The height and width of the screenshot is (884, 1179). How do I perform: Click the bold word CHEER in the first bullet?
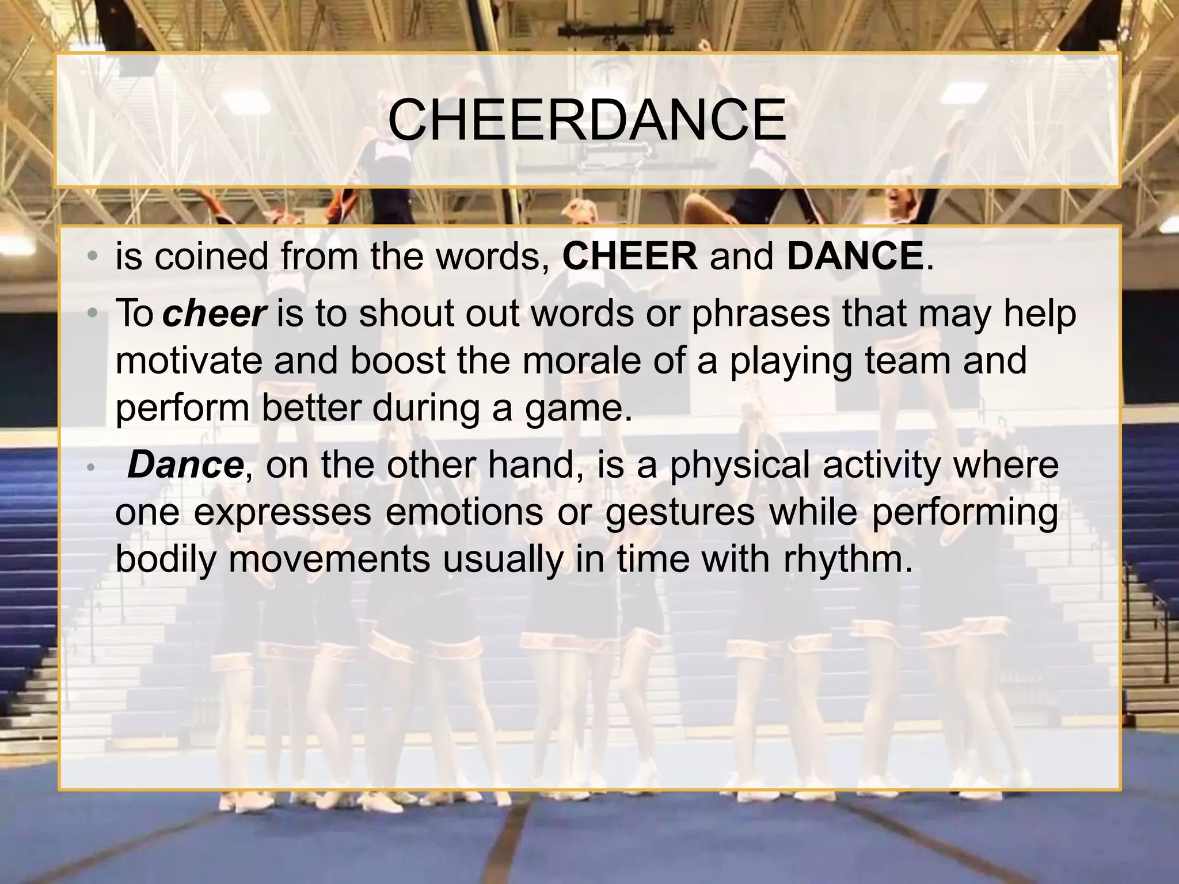[629, 256]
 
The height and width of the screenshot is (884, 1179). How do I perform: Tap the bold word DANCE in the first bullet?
[855, 256]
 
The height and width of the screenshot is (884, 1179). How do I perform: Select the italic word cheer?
[214, 314]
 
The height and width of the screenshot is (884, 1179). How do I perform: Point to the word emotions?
[464, 512]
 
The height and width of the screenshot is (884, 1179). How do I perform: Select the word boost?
[398, 361]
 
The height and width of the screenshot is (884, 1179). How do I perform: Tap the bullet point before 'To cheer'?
[92, 314]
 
